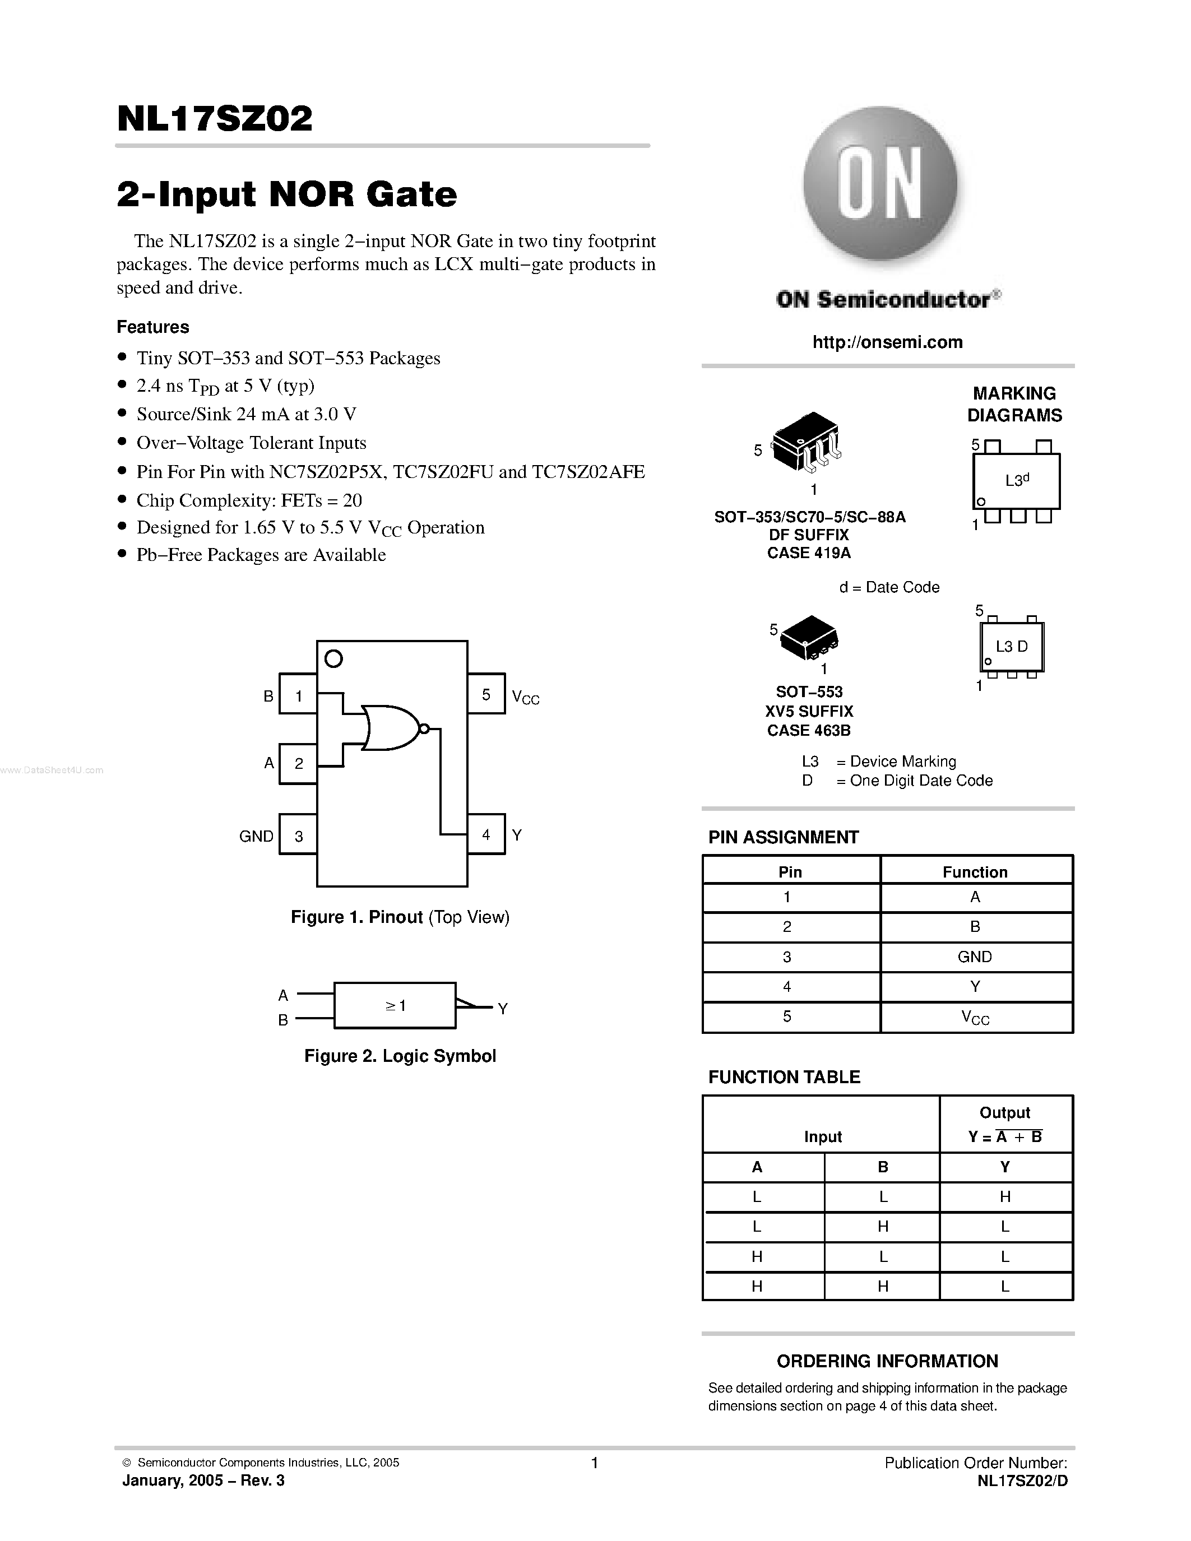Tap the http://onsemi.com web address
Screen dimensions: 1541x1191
887,342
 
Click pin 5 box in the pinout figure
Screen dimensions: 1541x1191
486,694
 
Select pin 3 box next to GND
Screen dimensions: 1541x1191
299,835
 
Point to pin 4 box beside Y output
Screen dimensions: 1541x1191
486,834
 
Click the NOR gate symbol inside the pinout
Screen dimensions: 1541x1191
390,727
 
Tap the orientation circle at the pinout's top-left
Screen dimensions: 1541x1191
333,659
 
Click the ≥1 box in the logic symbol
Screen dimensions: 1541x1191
395,1005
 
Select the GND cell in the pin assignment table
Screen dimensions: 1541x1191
975,957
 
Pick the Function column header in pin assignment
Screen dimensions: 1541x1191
975,872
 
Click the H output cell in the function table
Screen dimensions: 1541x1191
1005,1197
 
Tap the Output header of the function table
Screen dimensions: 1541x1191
1005,1113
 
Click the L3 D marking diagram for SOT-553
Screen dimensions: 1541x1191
1012,646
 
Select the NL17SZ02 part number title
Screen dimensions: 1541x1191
215,119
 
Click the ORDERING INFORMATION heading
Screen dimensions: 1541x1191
887,1361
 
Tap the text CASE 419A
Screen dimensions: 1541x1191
809,553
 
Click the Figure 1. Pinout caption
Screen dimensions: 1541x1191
400,917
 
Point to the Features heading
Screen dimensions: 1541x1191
153,327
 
